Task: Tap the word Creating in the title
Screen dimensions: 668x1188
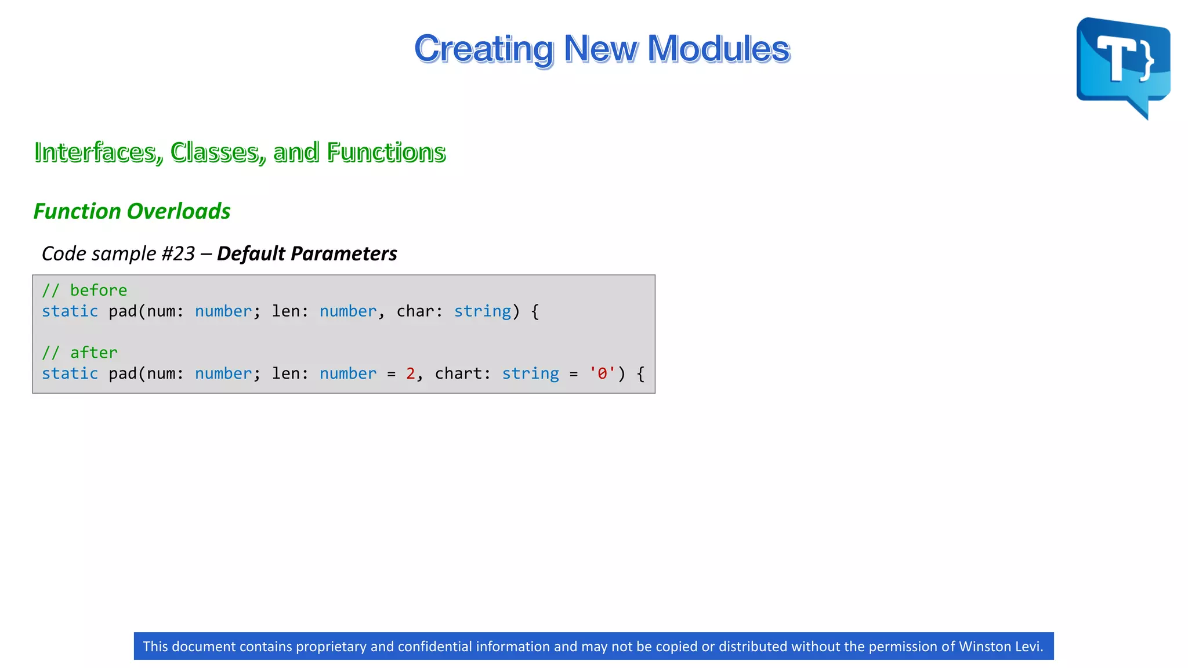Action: tap(484, 49)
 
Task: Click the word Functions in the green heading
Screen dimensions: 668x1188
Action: tap(386, 152)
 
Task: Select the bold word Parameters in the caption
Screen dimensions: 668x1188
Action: tap(343, 253)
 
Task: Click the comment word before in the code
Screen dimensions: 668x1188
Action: tap(98, 290)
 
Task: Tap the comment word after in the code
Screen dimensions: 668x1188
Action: tap(93, 353)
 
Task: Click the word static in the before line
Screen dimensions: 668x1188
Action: tap(70, 311)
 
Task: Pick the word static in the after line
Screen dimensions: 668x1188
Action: tap(70, 373)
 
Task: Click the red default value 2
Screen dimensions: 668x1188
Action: tap(410, 373)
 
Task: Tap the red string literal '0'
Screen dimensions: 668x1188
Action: tap(602, 373)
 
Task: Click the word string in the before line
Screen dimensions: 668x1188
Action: tap(482, 311)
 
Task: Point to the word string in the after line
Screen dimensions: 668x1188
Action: tap(530, 373)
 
